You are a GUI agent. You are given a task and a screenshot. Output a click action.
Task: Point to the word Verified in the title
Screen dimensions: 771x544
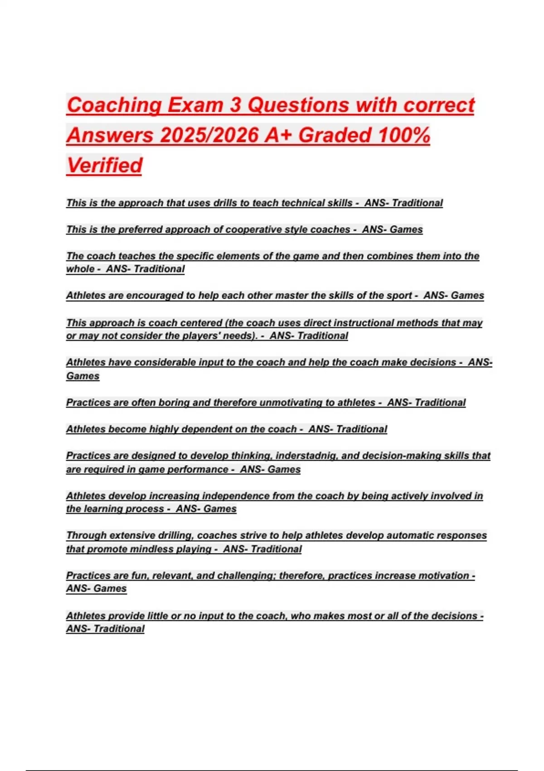pyautogui.click(x=105, y=165)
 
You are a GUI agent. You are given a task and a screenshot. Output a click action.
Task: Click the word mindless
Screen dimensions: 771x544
pyautogui.click(x=151, y=549)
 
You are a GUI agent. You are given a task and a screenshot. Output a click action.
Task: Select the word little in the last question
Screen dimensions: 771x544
pyautogui.click(x=158, y=616)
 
